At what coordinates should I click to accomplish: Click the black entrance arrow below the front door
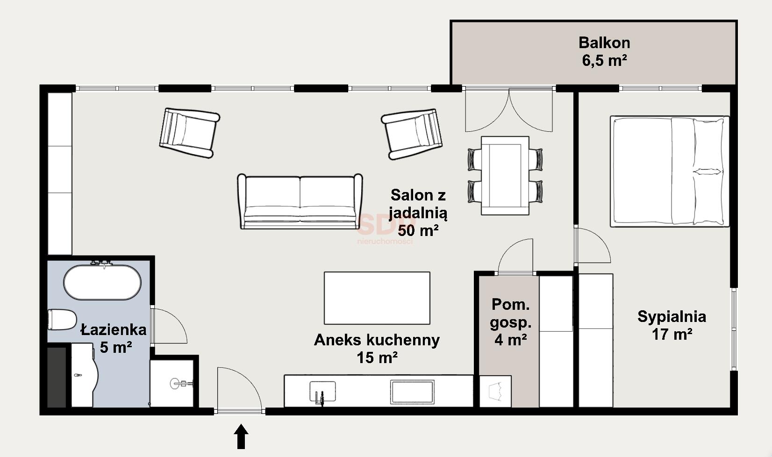[x=241, y=436]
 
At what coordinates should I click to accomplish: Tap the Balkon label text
[x=604, y=43]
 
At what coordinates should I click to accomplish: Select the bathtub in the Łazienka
[x=102, y=282]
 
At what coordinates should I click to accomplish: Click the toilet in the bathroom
[x=62, y=320]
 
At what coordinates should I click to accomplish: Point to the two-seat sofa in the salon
[x=300, y=201]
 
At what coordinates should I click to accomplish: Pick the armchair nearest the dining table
[x=412, y=134]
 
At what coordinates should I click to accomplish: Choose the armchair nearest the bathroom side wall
[x=189, y=133]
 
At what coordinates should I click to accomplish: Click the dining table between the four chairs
[x=505, y=175]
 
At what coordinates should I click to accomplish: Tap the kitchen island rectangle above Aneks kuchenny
[x=377, y=298]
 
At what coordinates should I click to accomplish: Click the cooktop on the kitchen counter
[x=412, y=392]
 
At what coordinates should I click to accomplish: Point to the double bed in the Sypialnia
[x=670, y=171]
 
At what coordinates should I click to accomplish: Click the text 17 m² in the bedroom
[x=672, y=334]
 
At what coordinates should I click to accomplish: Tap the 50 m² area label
[x=418, y=230]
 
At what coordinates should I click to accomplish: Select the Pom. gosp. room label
[x=510, y=313]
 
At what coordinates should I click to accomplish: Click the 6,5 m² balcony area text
[x=604, y=61]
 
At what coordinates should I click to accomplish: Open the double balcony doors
[x=509, y=110]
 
